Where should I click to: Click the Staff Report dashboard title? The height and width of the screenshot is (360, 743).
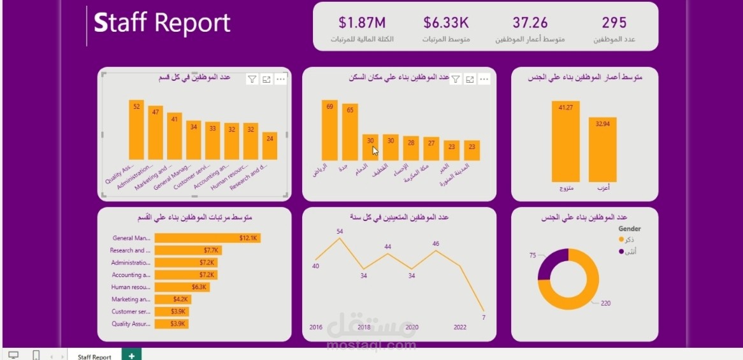[x=162, y=24]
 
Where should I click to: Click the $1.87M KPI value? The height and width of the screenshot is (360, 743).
[x=362, y=24]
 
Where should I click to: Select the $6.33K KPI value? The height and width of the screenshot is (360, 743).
[x=446, y=24]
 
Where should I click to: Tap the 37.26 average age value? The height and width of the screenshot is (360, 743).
[x=530, y=24]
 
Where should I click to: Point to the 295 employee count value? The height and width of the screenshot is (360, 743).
[x=614, y=24]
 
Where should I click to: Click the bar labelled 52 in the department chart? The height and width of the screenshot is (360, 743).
[x=136, y=131]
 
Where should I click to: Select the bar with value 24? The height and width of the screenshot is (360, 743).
[x=270, y=147]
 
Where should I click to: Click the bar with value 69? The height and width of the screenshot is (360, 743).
[x=329, y=131]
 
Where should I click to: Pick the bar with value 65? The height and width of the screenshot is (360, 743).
[x=350, y=133]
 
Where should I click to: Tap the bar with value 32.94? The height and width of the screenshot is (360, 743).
[x=602, y=150]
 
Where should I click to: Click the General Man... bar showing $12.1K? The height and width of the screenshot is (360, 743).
[x=207, y=238]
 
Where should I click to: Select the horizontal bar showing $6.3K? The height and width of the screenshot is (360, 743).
[x=182, y=287]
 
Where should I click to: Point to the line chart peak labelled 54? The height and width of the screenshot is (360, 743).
[x=340, y=238]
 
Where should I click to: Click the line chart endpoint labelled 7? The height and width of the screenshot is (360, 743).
[x=484, y=310]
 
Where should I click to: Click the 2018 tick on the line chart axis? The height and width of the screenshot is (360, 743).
[x=364, y=328]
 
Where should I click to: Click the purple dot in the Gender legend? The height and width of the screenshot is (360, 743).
[x=622, y=252]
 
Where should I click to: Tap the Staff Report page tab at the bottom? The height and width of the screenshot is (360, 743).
[x=94, y=357]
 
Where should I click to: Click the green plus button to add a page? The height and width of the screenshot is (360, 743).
[x=131, y=356]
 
